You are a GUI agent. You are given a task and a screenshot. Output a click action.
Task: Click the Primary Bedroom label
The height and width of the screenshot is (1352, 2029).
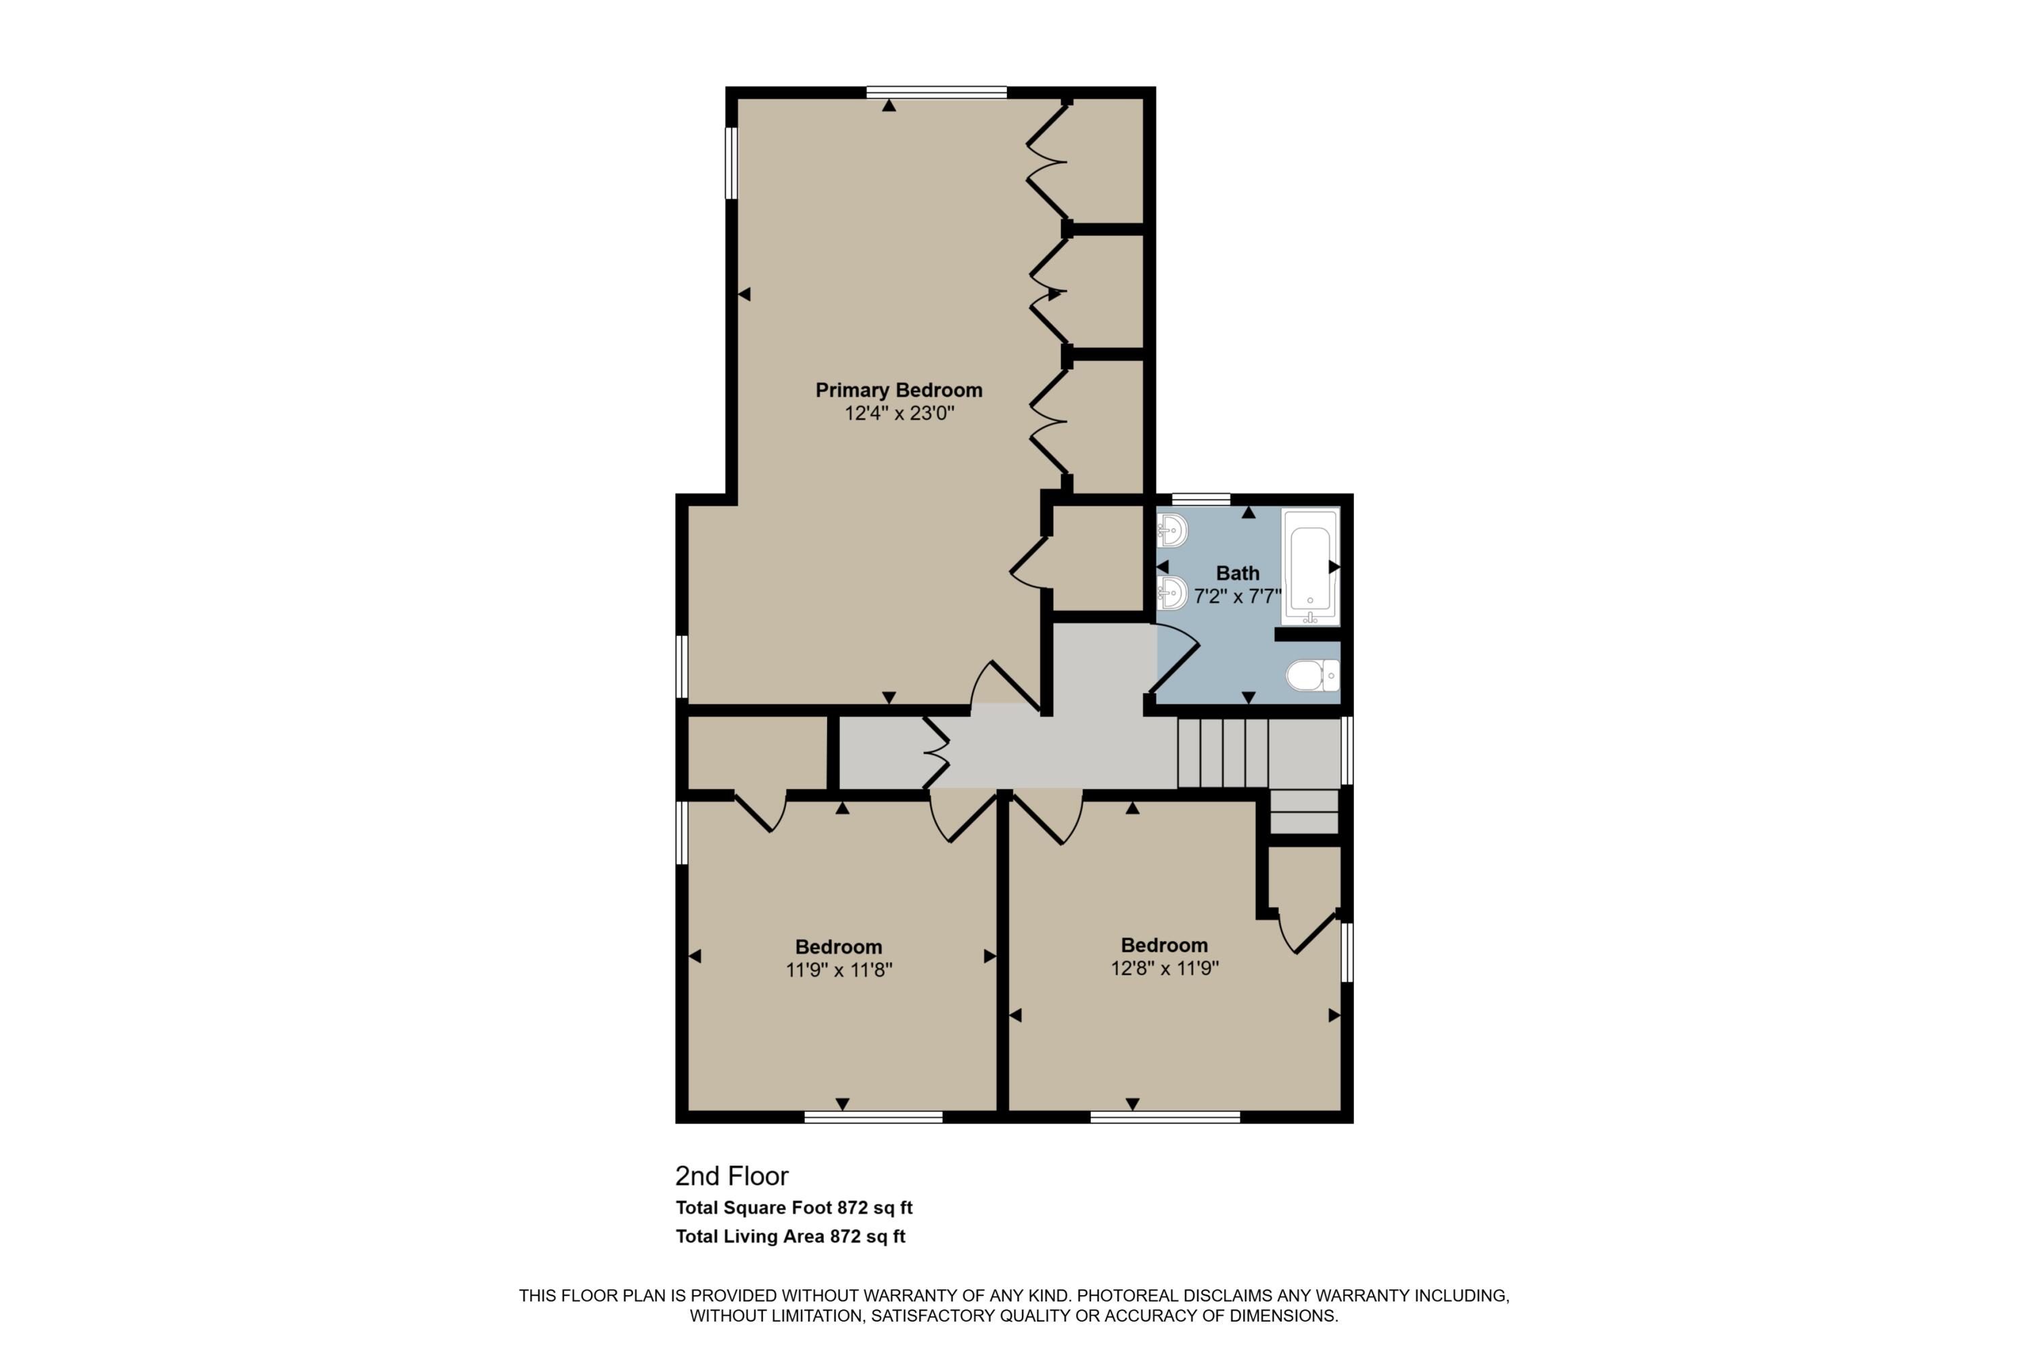(899, 390)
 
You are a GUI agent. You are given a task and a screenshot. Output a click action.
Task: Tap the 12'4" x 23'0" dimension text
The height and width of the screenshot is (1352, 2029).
(899, 413)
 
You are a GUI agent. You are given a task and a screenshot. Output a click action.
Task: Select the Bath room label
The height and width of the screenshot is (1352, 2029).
(1238, 573)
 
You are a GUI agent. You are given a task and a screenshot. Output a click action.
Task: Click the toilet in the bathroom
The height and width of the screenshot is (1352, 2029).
(1313, 675)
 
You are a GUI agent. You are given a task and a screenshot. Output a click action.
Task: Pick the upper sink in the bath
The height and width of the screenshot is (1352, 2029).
(1172, 530)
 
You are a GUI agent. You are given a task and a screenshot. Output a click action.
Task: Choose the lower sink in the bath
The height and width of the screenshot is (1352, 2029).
(1172, 592)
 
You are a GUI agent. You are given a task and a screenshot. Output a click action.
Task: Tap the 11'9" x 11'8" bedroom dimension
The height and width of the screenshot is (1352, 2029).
(839, 970)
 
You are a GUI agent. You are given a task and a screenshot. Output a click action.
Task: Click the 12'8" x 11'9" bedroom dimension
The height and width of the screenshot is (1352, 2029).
(1165, 968)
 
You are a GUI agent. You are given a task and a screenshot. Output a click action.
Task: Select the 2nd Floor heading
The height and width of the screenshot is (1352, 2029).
(732, 1176)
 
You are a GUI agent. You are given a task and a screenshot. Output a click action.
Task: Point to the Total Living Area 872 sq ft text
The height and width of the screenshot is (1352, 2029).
(790, 1236)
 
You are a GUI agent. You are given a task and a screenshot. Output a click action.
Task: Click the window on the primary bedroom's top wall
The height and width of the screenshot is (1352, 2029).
(937, 92)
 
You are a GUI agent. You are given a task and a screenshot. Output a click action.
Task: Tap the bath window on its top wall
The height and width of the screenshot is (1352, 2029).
(1201, 500)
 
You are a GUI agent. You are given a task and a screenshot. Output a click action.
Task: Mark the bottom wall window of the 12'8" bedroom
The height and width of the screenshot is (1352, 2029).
(1165, 1117)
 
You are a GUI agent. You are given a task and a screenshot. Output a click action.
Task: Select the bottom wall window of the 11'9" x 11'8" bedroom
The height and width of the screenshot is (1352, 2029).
(873, 1117)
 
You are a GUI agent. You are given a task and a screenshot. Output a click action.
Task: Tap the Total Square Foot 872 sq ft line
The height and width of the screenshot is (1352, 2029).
(793, 1208)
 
